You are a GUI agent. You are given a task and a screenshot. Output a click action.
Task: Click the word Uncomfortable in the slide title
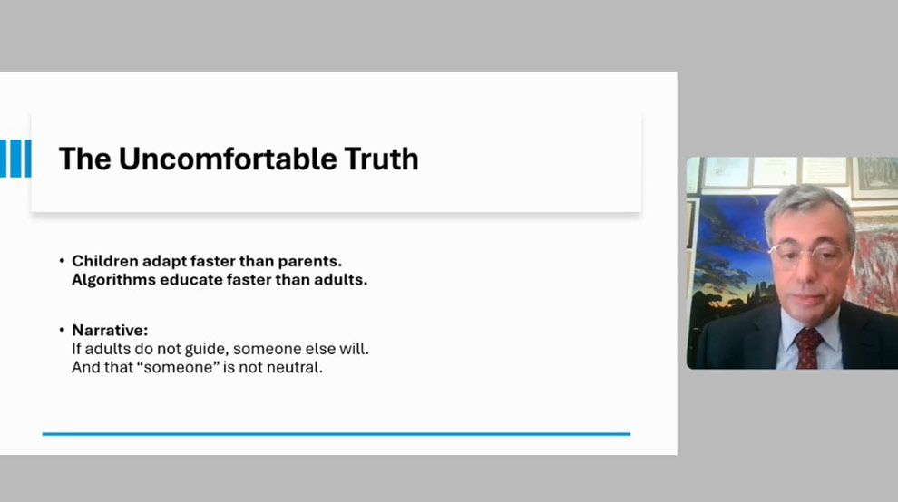228,159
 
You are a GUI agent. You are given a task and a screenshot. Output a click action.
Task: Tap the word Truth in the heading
381,159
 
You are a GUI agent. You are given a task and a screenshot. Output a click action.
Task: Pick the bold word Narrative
110,330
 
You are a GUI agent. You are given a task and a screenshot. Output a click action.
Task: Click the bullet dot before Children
62,261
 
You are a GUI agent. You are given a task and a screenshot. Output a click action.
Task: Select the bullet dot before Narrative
62,330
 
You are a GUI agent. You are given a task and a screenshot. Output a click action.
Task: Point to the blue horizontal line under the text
337,434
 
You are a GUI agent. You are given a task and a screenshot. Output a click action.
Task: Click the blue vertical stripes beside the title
15,159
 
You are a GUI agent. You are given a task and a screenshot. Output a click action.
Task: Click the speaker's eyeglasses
807,254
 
